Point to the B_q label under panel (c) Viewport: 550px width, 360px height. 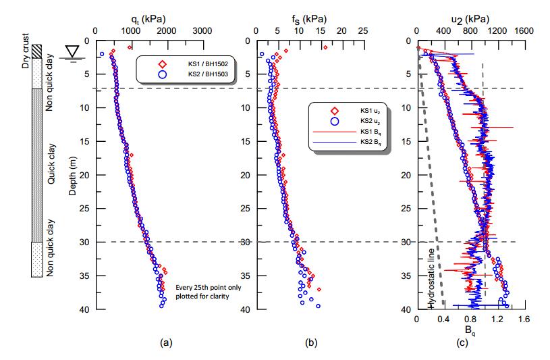click(470, 330)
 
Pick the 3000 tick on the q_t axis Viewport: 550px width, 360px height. click(200, 30)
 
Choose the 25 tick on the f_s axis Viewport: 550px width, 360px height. click(362, 30)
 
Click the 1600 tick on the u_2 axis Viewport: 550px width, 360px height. click(524, 30)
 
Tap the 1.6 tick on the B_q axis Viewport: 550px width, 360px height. click(524, 319)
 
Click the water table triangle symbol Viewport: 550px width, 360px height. click(70, 51)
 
